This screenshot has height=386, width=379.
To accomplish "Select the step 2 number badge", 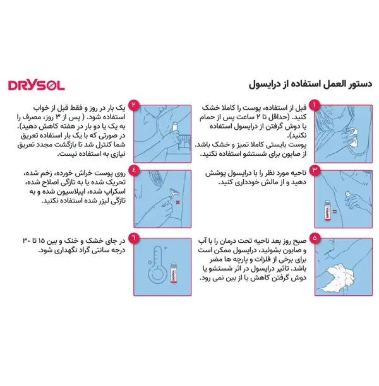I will click(x=133, y=105).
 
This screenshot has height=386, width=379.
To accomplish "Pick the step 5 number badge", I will click(x=317, y=239).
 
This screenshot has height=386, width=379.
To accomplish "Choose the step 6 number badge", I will click(x=133, y=240).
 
